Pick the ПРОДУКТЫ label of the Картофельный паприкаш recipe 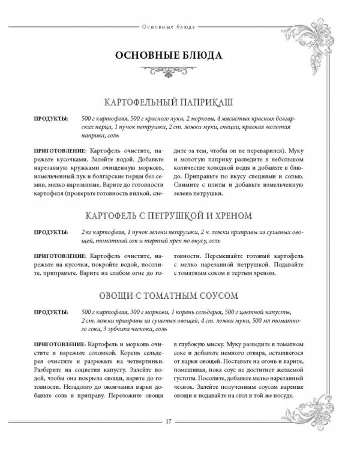pos(50,119)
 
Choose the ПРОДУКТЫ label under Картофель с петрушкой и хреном pos(50,232)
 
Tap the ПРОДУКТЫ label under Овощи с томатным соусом pos(50,313)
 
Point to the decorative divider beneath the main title pos(169,73)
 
